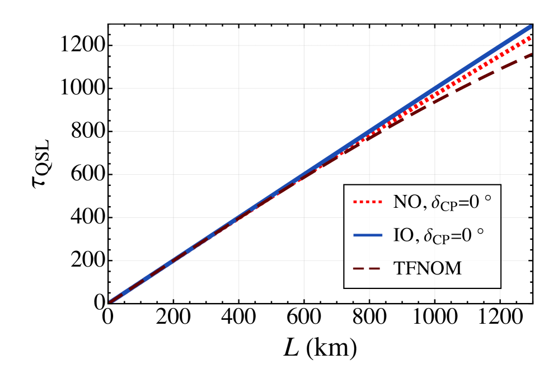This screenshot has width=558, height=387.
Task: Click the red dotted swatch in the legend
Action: (367, 202)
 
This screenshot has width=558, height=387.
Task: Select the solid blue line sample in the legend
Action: (367, 235)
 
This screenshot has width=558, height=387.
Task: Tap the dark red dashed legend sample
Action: (367, 269)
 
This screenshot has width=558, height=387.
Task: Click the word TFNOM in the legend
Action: (428, 269)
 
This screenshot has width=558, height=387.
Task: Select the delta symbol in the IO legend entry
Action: (428, 236)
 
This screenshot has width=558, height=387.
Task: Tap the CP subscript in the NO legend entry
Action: (449, 207)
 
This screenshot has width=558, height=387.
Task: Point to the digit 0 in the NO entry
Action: (474, 202)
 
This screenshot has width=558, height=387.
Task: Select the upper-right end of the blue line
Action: (530, 26)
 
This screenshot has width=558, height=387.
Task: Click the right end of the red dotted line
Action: (530, 38)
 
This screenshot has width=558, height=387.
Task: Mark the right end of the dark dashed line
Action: (530, 54)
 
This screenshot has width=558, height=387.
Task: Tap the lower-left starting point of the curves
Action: (111, 302)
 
